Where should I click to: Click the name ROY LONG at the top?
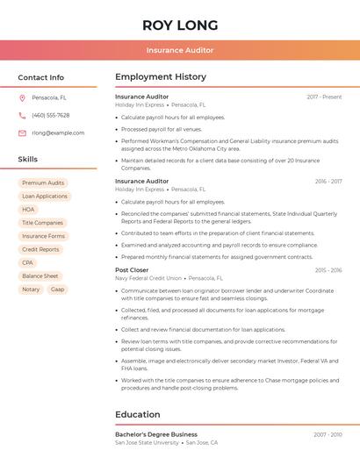point(179,25)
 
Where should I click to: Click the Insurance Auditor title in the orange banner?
point(179,50)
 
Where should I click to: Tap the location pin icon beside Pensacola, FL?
point(22,97)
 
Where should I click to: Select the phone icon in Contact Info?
point(22,115)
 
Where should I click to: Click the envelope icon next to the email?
point(22,132)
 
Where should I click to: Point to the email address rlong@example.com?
point(58,132)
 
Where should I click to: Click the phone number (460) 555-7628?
point(50,115)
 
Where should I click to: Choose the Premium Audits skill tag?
point(43,183)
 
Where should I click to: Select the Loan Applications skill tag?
point(45,197)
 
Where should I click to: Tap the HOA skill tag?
point(29,210)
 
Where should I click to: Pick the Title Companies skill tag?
point(43,223)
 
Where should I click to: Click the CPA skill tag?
point(28,262)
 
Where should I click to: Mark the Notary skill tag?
point(31,289)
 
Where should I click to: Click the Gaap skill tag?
point(57,289)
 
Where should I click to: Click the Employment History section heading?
point(161,77)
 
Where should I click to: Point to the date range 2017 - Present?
point(324,97)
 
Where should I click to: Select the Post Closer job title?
point(132,270)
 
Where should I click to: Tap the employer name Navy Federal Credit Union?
point(151,278)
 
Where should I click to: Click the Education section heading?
point(138,414)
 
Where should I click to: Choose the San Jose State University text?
point(147,442)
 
